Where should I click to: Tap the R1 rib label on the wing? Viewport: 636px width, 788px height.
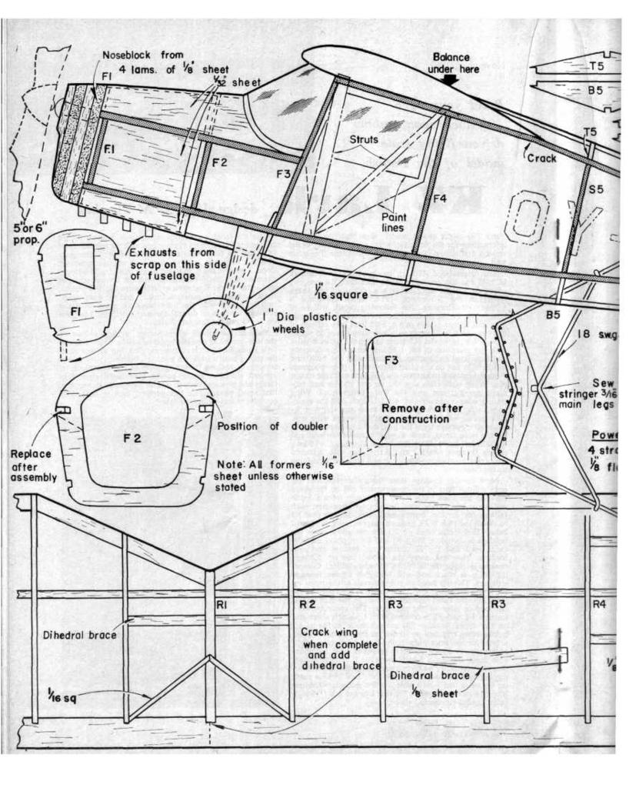pyautogui.click(x=221, y=605)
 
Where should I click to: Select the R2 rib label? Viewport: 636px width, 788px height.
pyautogui.click(x=308, y=605)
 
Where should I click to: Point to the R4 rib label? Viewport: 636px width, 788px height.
pyautogui.click(x=600, y=605)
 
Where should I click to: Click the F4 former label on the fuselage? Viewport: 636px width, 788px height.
pyautogui.click(x=439, y=199)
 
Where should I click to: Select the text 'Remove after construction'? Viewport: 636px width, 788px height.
pyautogui.click(x=422, y=413)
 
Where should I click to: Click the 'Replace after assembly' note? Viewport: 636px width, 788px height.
pyautogui.click(x=33, y=466)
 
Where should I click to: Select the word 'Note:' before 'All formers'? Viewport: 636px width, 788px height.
pyautogui.click(x=233, y=466)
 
